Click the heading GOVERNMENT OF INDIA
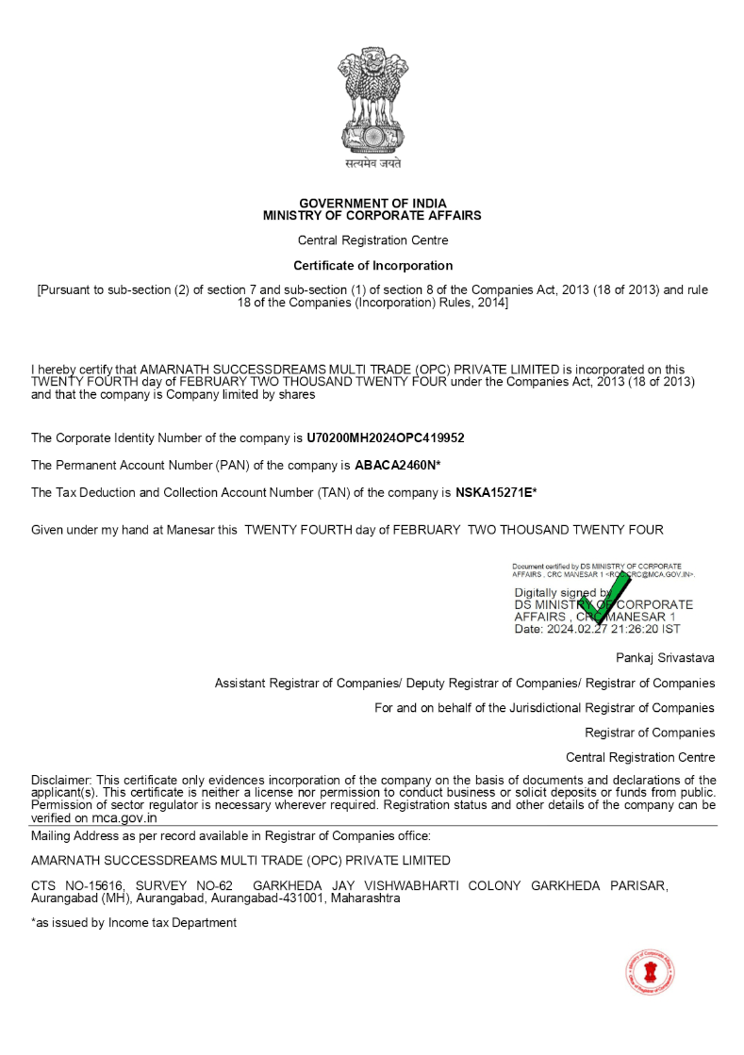point(372,204)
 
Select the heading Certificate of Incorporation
point(372,266)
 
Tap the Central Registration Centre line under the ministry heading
point(372,240)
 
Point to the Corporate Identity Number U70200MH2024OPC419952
point(386,438)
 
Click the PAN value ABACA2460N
point(395,465)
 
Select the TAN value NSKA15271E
point(494,492)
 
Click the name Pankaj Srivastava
point(665,656)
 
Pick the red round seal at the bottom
point(650,973)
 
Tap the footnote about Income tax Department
point(133,923)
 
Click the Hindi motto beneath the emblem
point(372,163)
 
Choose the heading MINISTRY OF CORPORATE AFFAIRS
point(372,216)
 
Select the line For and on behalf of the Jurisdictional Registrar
point(544,707)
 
